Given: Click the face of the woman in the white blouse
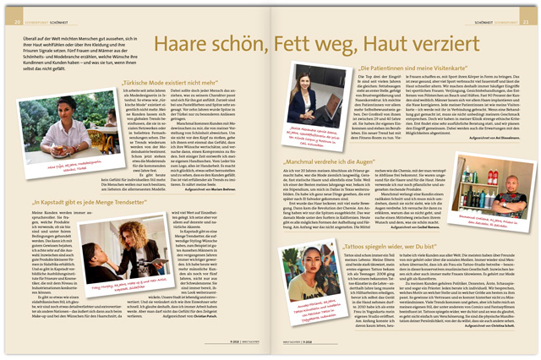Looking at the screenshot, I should pyautogui.click(x=62, y=149).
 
